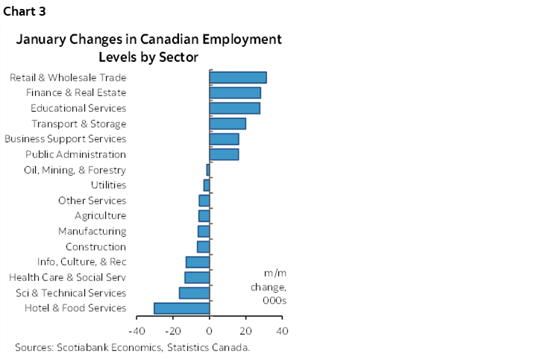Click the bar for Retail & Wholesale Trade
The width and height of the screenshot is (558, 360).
[x=237, y=78]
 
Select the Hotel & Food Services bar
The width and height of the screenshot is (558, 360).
[x=181, y=309]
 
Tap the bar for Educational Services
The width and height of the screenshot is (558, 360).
[x=234, y=108]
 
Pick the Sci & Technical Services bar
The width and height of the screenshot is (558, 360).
[x=194, y=293]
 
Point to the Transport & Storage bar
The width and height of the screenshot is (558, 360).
[x=227, y=124]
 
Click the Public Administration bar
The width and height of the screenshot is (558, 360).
[x=224, y=154]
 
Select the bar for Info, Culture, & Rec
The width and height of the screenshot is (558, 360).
[x=197, y=262]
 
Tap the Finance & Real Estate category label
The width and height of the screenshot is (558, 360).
[x=75, y=93]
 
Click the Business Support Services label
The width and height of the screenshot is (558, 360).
[x=65, y=139]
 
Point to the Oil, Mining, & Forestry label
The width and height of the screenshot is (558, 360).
[x=75, y=170]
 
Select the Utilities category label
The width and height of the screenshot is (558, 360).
[x=108, y=185]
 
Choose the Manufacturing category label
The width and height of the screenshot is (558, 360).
[x=93, y=231]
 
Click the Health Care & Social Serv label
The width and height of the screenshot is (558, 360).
[x=67, y=277]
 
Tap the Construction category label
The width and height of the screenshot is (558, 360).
[x=95, y=247]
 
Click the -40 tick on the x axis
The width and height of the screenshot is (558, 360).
[x=137, y=330]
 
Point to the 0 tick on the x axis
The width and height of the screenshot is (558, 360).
[x=210, y=330]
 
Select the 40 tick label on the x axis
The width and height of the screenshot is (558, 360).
[x=282, y=330]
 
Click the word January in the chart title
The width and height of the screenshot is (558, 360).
[x=51, y=40]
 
